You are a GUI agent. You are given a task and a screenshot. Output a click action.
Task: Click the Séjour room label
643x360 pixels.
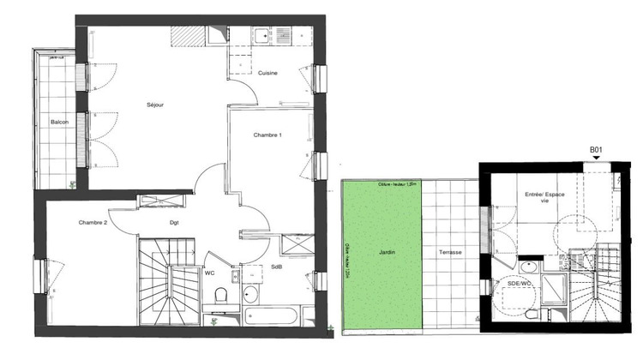point(155,105)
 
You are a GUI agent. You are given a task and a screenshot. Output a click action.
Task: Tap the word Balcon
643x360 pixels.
point(59,123)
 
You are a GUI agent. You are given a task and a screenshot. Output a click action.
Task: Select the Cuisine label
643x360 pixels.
point(267,74)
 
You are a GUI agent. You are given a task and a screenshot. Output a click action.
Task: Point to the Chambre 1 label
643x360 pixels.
point(267,135)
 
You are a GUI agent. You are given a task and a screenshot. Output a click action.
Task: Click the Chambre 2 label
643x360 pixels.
point(93,223)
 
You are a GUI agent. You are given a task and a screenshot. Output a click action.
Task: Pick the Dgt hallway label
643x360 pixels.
point(174,223)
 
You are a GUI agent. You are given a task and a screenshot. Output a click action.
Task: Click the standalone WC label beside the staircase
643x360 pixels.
point(209,274)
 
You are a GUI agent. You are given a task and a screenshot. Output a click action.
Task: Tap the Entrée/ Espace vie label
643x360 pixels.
point(546,200)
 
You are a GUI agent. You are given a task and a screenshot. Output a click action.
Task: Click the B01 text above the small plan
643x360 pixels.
point(597,151)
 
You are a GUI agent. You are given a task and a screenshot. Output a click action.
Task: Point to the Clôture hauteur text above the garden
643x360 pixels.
point(397,184)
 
